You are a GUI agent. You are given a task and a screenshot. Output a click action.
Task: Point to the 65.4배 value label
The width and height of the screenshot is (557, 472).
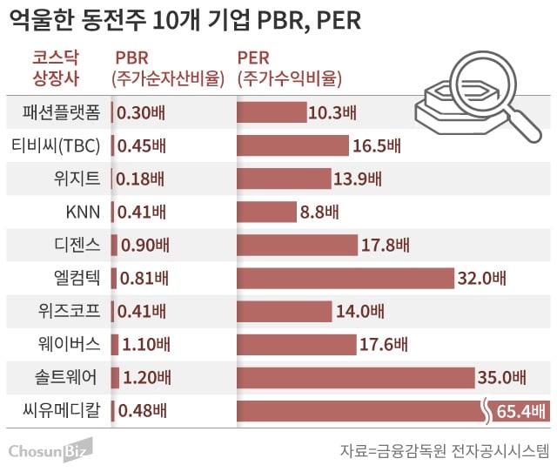[x=520, y=410]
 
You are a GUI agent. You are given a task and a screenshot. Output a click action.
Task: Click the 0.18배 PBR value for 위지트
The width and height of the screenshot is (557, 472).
[x=140, y=179]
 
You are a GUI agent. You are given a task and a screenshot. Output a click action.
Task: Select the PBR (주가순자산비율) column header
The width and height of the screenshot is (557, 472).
[x=164, y=69]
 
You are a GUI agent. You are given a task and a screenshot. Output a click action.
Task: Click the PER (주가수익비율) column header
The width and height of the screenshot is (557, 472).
[x=289, y=69]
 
